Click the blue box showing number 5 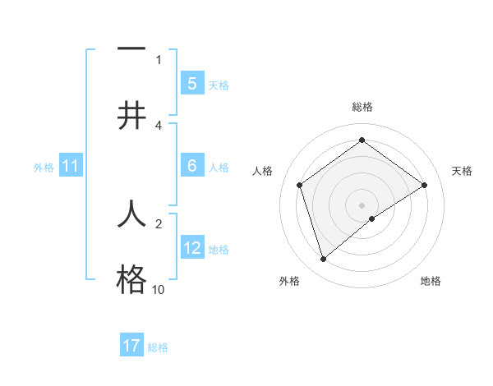coord(191,84)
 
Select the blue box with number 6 coord(191,166)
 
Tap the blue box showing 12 coord(191,248)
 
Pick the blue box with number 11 coord(71,167)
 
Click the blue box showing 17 coord(131,346)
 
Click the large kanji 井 coord(131,116)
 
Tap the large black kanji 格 coord(131,280)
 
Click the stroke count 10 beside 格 coord(158,290)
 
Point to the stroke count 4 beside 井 coord(159,126)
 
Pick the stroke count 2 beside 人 coord(159,223)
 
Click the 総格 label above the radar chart coord(362,107)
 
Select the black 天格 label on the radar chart coord(463,171)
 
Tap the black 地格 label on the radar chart coord(431,281)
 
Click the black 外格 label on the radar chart coord(289,281)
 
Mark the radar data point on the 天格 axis coord(424,185)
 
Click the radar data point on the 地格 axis coord(372,218)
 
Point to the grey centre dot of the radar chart coord(362,204)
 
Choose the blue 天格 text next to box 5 coord(219,85)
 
